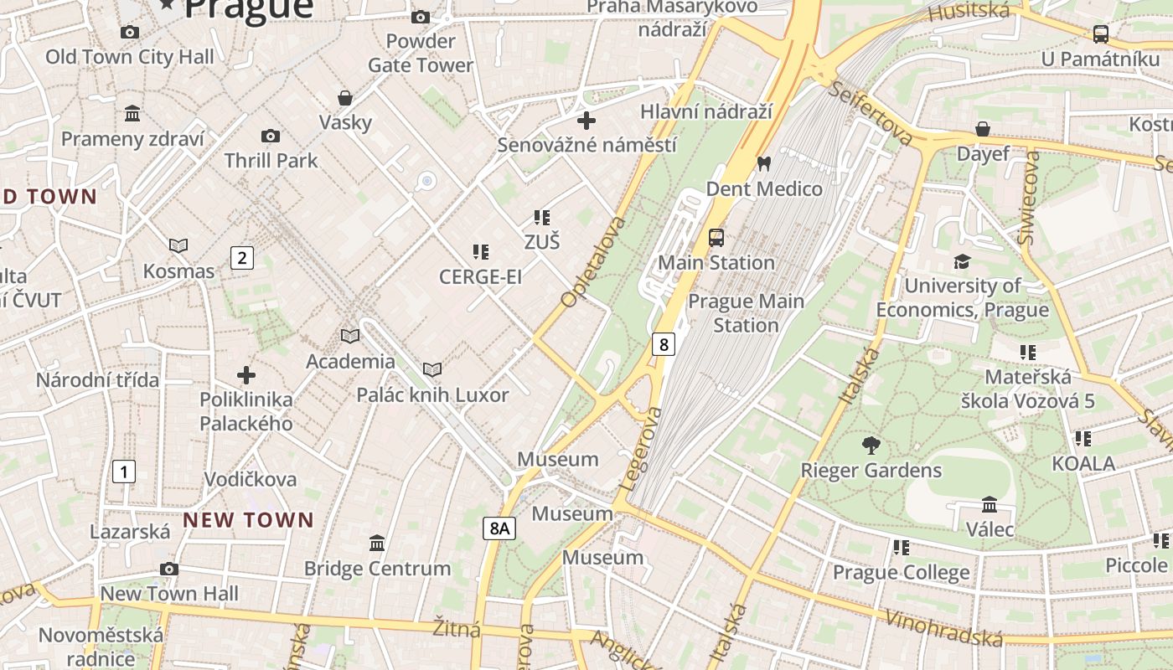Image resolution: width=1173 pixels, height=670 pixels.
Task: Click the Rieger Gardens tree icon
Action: point(871,446)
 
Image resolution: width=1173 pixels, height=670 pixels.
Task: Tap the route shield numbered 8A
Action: point(499,528)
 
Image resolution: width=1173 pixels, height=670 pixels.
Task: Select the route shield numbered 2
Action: point(241,257)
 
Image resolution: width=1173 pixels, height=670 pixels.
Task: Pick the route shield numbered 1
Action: point(123,472)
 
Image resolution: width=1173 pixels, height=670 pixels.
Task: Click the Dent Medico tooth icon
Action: point(762,162)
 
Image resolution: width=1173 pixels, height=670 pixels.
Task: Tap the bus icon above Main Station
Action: point(716,237)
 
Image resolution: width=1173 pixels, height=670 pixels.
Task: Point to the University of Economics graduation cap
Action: point(962,261)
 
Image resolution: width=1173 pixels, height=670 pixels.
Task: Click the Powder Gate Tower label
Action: point(421,53)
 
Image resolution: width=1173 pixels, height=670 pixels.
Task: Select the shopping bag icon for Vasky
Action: point(344,98)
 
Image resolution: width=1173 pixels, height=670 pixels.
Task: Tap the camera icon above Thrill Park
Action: point(270,136)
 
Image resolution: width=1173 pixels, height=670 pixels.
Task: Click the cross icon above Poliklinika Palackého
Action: point(245,374)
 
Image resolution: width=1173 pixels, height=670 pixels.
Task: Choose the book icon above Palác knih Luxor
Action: point(431,369)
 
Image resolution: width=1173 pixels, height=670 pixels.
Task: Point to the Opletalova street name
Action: point(594,261)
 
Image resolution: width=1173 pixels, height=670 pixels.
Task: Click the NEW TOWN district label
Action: point(248,520)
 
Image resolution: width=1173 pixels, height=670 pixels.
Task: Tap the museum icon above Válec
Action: point(989,505)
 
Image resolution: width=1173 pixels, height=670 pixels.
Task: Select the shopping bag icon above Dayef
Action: point(983,129)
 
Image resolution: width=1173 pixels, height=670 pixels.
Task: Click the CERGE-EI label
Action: point(480,276)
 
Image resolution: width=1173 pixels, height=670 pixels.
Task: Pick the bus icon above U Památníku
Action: point(1100,34)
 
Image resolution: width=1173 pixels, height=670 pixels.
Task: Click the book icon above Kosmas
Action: point(178,245)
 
